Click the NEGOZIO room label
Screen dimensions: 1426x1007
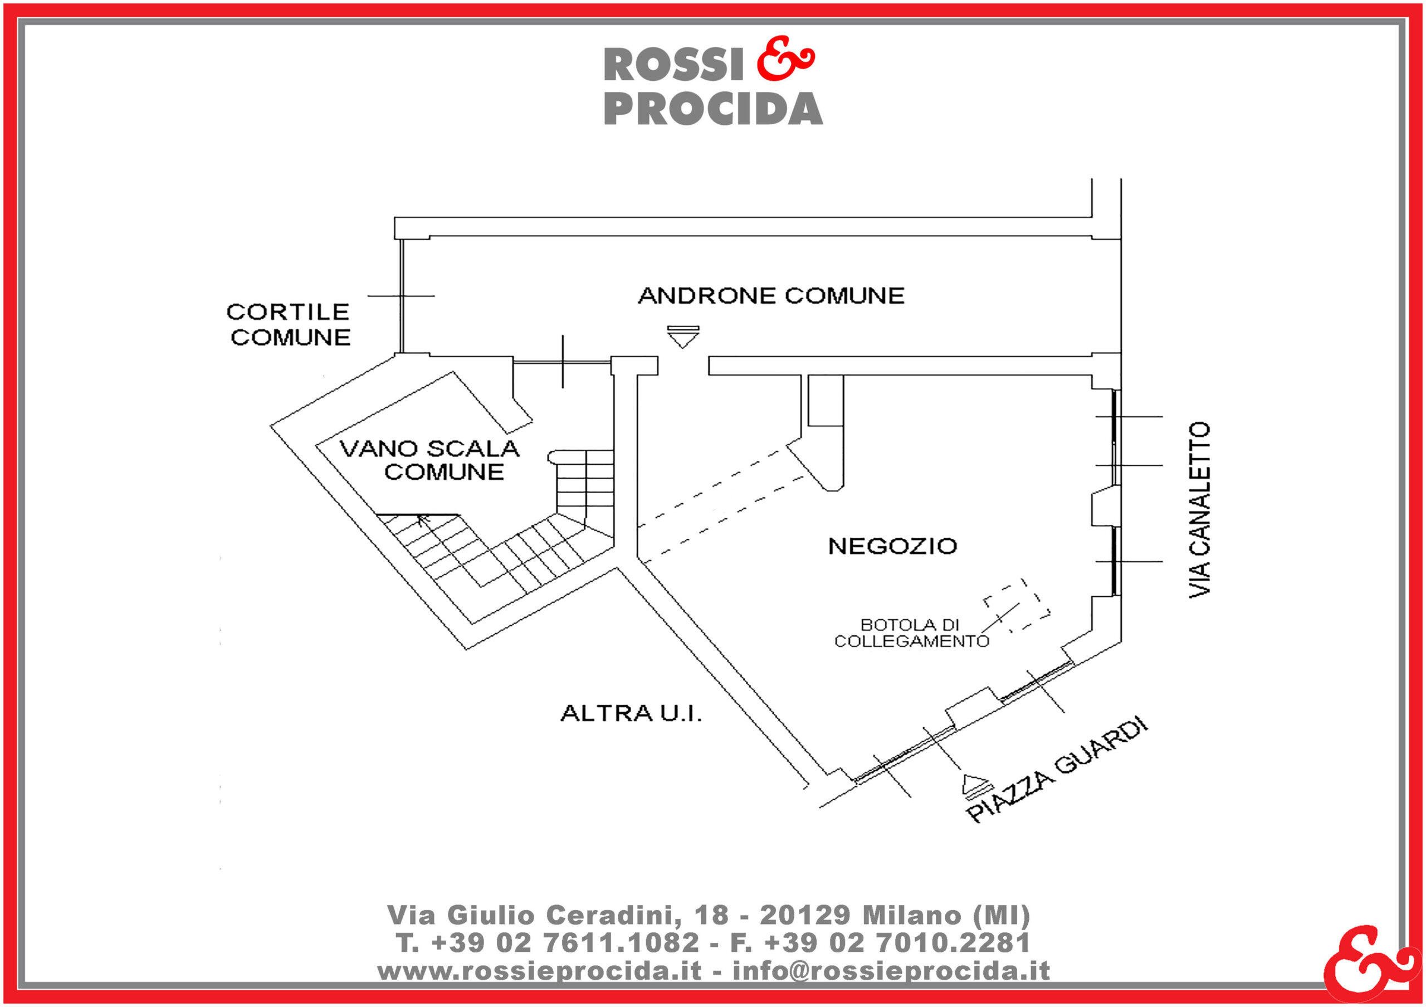tap(892, 546)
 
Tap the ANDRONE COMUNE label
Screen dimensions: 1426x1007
tap(771, 296)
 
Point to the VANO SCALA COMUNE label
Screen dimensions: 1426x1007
tap(430, 460)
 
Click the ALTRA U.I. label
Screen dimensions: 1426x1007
tap(631, 713)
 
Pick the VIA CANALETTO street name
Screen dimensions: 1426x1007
tap(1200, 509)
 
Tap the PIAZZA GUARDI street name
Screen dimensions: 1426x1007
tap(1057, 770)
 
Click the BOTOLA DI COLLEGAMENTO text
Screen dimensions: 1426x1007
tap(911, 633)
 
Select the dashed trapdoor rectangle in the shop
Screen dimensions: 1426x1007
tap(1016, 606)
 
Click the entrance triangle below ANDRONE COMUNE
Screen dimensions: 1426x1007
tap(683, 336)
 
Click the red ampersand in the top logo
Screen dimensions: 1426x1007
tap(785, 59)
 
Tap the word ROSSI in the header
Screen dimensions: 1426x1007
tap(674, 65)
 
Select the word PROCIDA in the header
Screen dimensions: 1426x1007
tap(713, 109)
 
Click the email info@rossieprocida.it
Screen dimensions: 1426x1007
tap(891, 970)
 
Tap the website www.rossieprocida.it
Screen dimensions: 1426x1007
tap(539, 970)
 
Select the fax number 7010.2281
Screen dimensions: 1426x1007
tap(953, 942)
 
